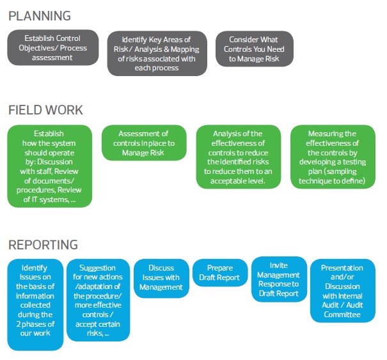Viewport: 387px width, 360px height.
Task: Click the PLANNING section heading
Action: pyautogui.click(x=40, y=15)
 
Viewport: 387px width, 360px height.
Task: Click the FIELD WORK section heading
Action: pyautogui.click(x=45, y=110)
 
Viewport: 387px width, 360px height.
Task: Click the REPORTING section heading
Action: pyautogui.click(x=43, y=244)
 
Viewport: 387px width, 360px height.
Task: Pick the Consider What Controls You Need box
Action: pyautogui.click(x=255, y=48)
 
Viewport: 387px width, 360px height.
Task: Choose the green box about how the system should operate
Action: pyautogui.click(x=49, y=166)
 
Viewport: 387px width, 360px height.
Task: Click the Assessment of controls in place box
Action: pyautogui.click(x=144, y=143)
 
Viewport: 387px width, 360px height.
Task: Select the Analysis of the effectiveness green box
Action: pyautogui.click(x=239, y=157)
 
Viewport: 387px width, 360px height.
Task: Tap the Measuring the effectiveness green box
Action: pyautogui.click(x=333, y=157)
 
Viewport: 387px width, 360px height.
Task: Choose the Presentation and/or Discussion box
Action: pyautogui.click(x=342, y=291)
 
